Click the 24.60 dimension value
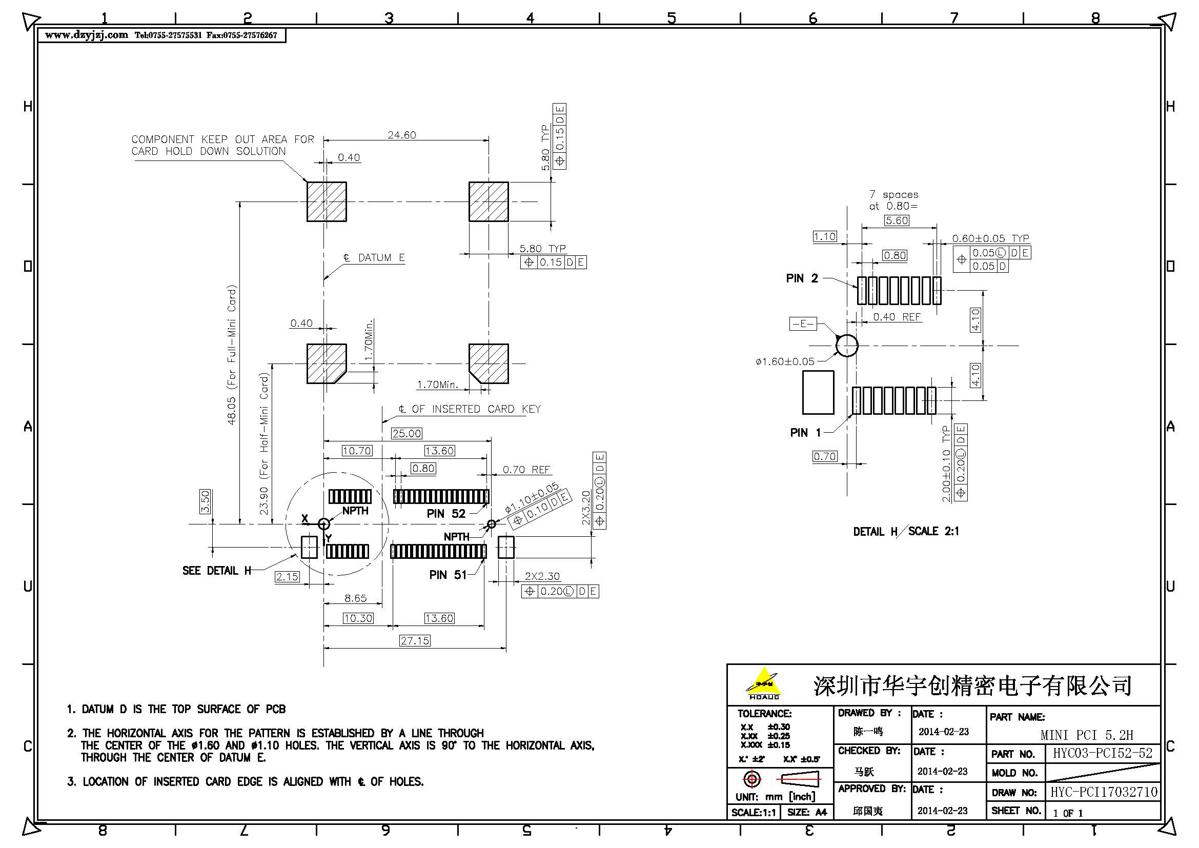(x=401, y=135)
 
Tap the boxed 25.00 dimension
(x=407, y=433)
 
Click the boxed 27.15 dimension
(x=415, y=641)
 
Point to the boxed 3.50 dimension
(x=205, y=501)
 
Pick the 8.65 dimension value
(x=355, y=598)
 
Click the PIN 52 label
(x=445, y=514)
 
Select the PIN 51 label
(x=448, y=575)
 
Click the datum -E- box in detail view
(x=803, y=324)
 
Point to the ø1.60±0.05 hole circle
(x=846, y=346)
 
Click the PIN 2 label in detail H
(x=802, y=278)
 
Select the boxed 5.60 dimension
(x=896, y=220)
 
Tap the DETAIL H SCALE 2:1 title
(x=905, y=532)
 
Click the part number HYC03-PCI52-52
(x=1102, y=753)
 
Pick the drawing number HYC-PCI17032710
(x=1104, y=792)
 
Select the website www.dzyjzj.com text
(x=86, y=35)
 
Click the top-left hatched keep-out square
(x=327, y=201)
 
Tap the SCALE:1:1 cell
(x=753, y=813)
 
